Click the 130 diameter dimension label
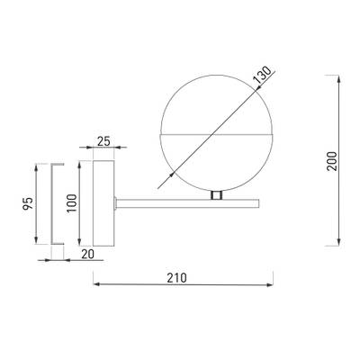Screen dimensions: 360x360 tap(262, 75)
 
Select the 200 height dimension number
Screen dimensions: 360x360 tap(332, 161)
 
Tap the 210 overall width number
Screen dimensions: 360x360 tap(176, 278)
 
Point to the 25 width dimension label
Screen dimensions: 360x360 tap(103, 141)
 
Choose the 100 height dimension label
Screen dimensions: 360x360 tap(72, 203)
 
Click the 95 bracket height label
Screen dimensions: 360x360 tap(28, 203)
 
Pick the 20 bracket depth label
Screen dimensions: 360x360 tap(87, 254)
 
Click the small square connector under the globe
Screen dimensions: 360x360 tap(216, 195)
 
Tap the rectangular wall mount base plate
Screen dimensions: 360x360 tap(103, 203)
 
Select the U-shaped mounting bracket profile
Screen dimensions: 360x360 tap(51, 204)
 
